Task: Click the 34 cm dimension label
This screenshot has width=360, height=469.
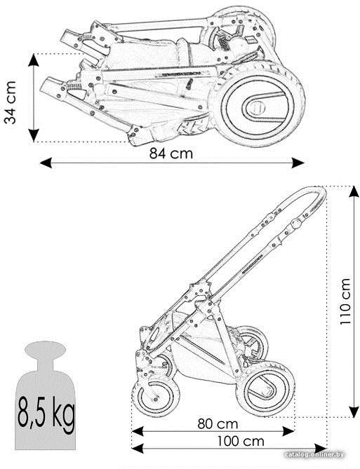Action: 10,102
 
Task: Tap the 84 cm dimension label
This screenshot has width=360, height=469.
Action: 171,154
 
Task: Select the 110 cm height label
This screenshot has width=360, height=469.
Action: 345,301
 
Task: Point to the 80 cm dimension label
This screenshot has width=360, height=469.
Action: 218,424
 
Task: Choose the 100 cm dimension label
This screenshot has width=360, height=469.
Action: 241,441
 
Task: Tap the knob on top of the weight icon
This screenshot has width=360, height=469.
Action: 46,349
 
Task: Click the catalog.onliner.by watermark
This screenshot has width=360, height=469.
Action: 314,455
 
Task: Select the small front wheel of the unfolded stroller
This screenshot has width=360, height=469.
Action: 156,395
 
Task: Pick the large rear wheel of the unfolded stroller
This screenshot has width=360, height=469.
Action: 266,388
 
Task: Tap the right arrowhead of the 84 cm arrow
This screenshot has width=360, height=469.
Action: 298,163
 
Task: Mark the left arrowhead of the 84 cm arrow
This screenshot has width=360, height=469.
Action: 46,163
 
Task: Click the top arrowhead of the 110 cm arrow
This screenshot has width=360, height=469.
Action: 354,191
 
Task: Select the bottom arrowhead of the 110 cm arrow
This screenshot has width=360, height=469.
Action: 354,412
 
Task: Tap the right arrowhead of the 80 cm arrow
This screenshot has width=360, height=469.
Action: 288,431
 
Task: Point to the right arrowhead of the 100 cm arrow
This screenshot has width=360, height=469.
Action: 320,449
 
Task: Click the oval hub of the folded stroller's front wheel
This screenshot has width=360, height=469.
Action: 260,106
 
